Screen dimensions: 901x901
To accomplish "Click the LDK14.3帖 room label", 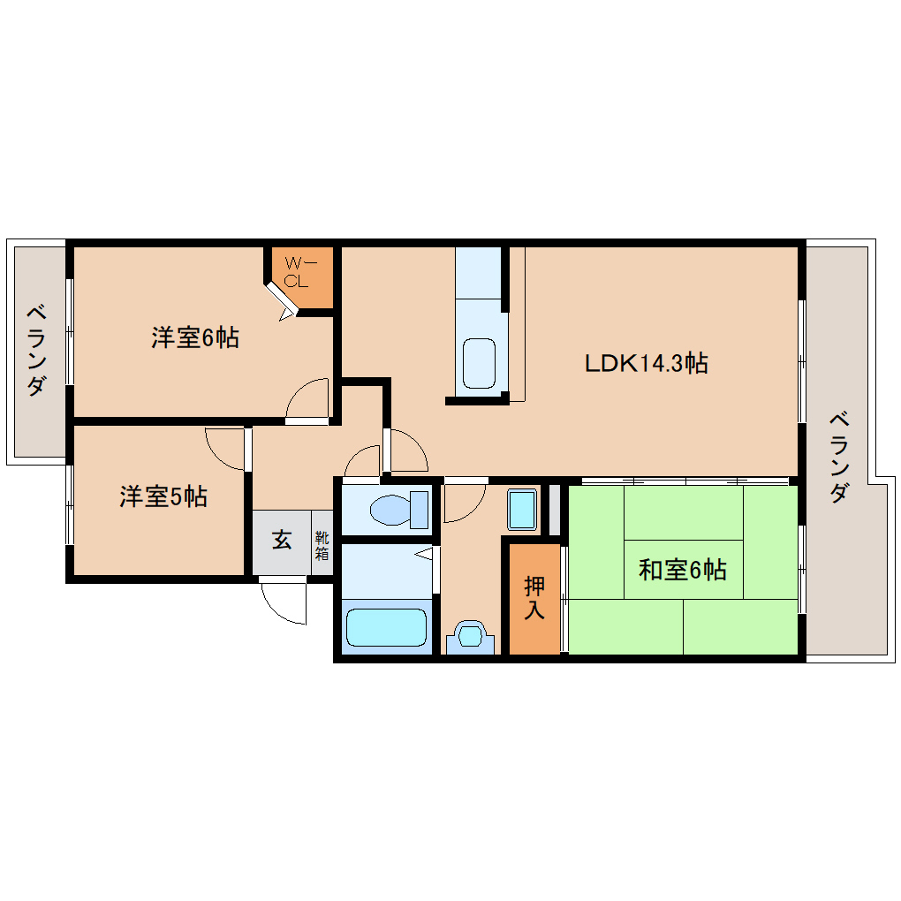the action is [646, 363].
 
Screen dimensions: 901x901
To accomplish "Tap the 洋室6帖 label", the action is [195, 337].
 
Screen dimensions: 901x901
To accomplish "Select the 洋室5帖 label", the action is [163, 496].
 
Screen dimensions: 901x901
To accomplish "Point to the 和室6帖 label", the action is [683, 570].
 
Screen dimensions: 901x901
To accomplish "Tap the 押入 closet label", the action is [534, 598].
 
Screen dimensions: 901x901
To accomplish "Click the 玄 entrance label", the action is [282, 540].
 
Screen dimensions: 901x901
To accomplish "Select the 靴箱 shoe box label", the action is [322, 545].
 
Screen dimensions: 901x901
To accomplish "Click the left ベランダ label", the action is [36, 352].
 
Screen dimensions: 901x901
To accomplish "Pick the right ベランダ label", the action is [839, 458].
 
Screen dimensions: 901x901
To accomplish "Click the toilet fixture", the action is [399, 510].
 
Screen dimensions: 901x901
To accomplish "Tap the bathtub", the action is [387, 627].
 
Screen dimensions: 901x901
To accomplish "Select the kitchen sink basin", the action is [480, 363].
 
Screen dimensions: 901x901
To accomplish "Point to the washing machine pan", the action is [522, 509].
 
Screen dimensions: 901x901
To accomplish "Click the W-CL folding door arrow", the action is [286, 314].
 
